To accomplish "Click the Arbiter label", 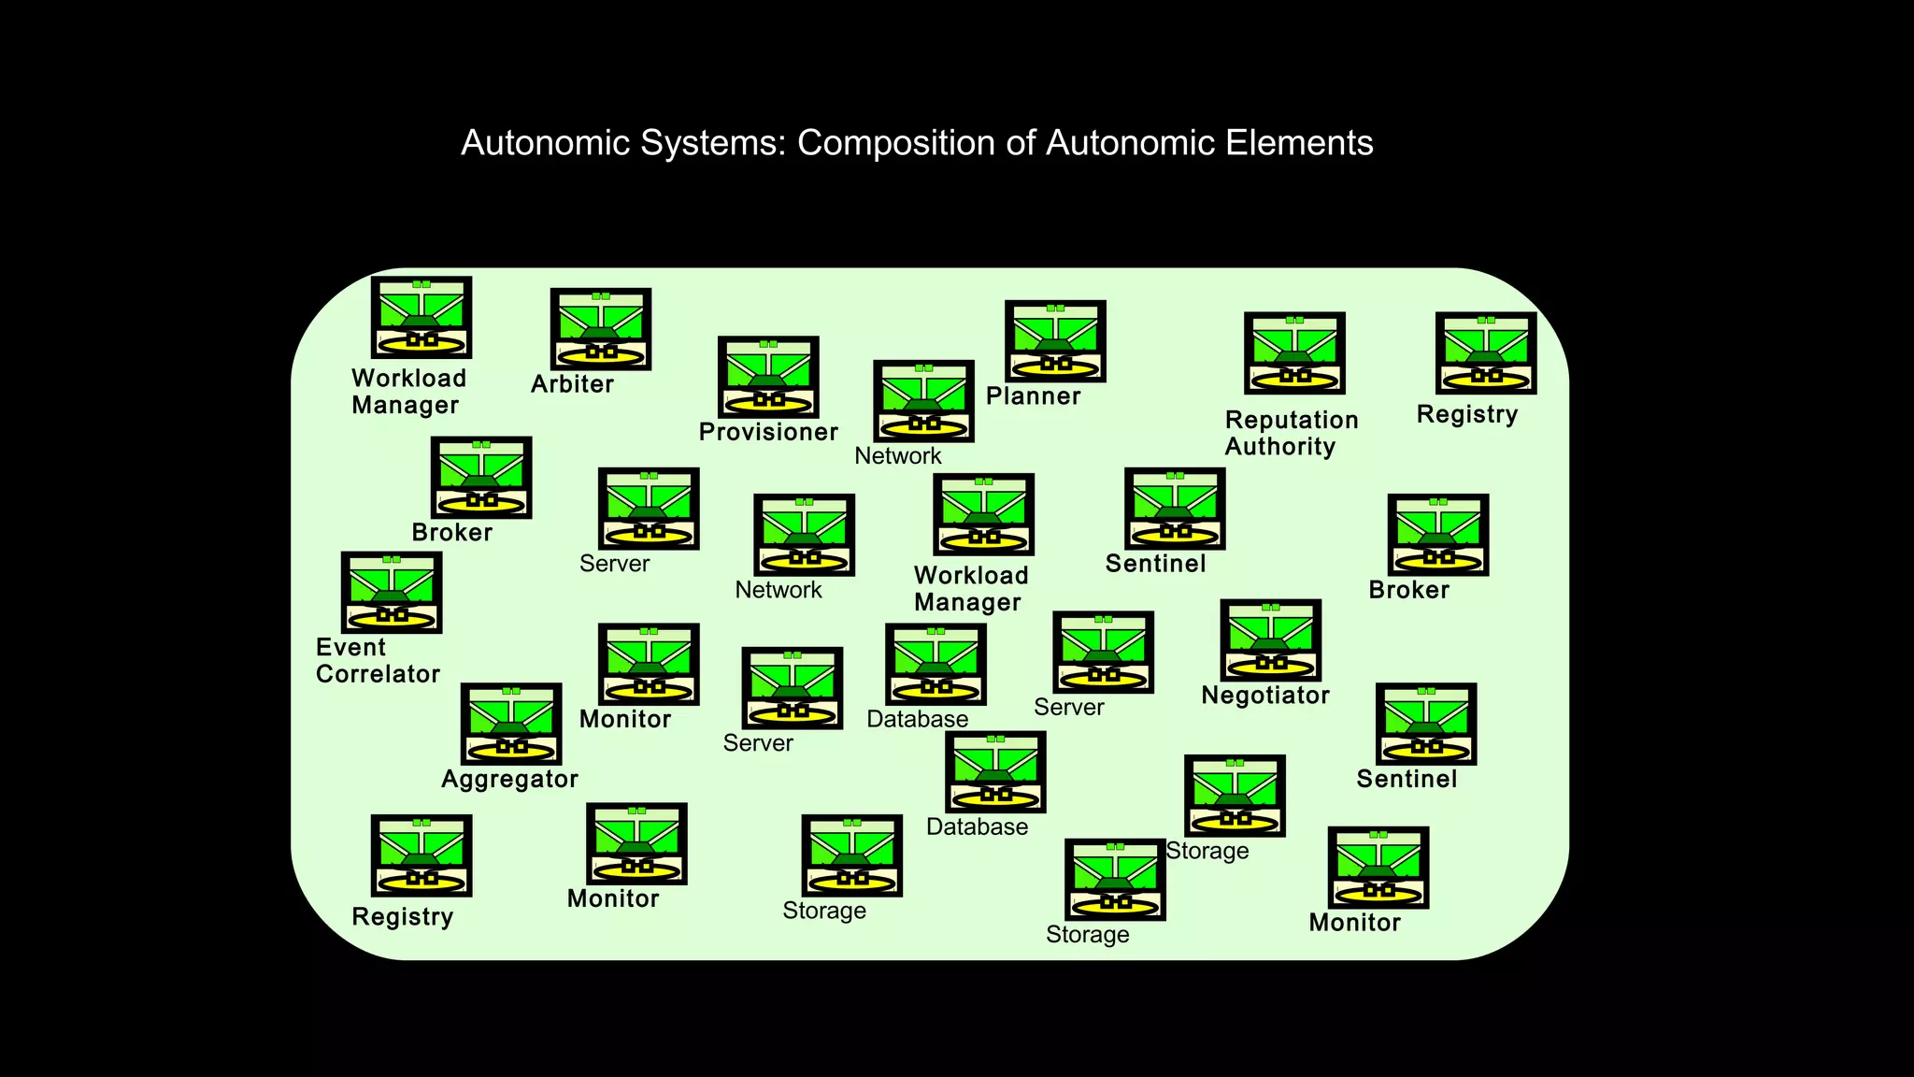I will (x=572, y=384).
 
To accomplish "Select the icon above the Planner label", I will (x=1055, y=340).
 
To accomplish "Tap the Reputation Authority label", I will (x=1291, y=433).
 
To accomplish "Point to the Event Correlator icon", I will (x=391, y=592).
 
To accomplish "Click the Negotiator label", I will (x=1264, y=696).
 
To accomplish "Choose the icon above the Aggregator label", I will (x=511, y=723).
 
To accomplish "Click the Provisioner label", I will (x=768, y=432).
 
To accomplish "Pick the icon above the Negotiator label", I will (x=1270, y=639).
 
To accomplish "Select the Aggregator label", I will (x=509, y=779).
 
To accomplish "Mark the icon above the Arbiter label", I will (x=600, y=328).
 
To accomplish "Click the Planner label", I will (x=1033, y=396).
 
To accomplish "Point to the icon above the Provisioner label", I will (x=768, y=377).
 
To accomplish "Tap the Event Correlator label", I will (x=377, y=660).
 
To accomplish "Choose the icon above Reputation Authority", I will (x=1294, y=352).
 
